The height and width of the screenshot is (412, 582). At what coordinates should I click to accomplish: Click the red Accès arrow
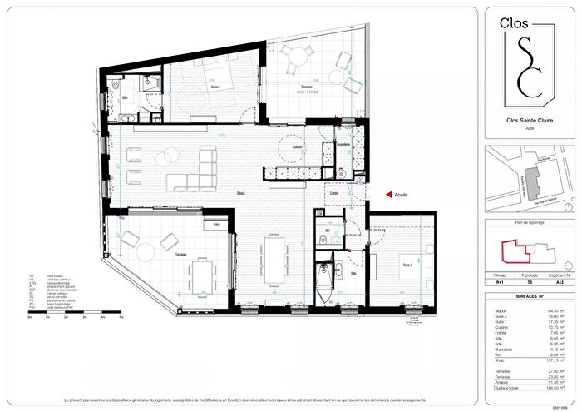388,195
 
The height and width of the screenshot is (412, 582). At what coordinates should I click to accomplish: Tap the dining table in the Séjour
273,261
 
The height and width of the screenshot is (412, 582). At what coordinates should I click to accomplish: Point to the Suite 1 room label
407,265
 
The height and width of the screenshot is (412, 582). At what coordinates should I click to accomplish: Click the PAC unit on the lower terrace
216,225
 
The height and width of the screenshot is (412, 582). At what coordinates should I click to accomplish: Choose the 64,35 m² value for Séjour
554,310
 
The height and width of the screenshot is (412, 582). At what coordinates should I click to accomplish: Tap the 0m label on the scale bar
30,317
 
